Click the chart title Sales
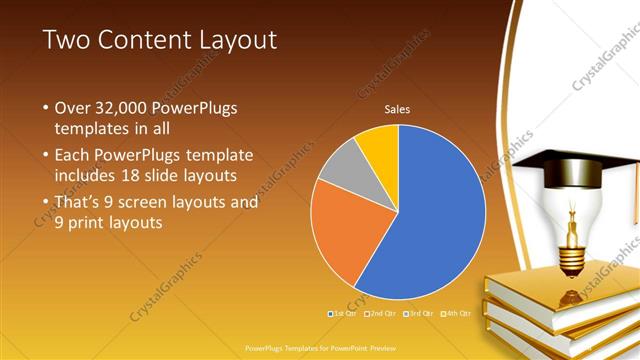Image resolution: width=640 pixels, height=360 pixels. pyautogui.click(x=398, y=110)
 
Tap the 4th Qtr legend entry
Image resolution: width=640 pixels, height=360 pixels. pyautogui.click(x=456, y=313)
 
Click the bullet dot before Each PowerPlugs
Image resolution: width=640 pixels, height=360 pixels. pyautogui.click(x=45, y=156)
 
